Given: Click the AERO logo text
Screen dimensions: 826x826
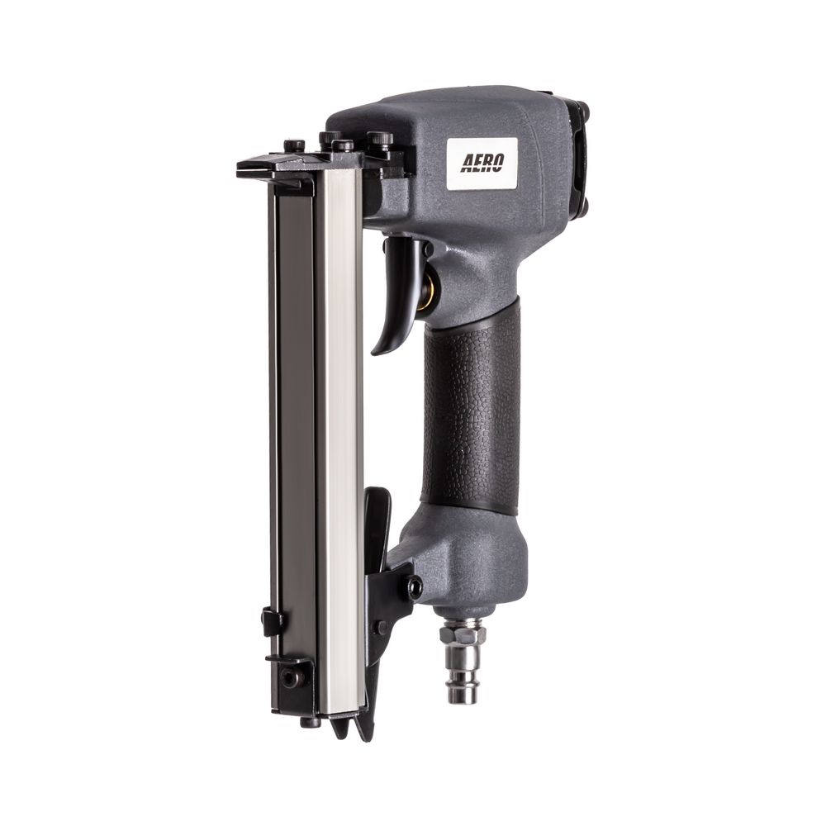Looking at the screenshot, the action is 482,163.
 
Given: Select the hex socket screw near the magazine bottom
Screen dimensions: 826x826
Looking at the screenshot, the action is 288,676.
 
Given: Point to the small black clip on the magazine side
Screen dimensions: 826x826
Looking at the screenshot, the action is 272,620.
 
